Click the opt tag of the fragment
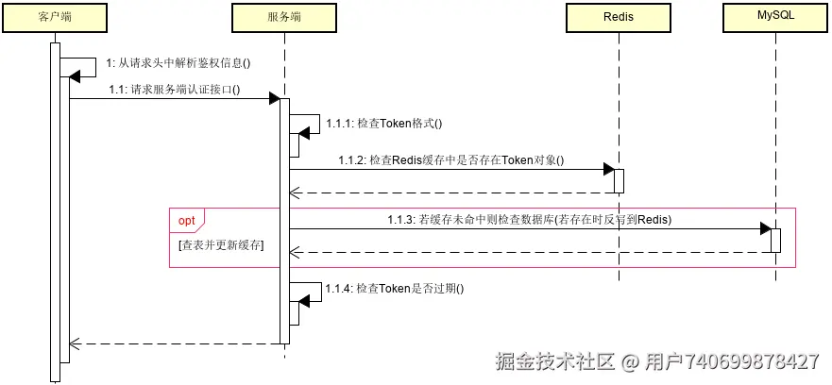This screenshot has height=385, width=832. click(188, 219)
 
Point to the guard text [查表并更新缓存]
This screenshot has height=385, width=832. click(221, 244)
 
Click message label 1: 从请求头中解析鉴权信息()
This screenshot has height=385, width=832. click(184, 63)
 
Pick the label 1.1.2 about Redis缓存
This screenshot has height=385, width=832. click(450, 159)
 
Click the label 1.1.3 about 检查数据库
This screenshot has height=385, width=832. click(529, 219)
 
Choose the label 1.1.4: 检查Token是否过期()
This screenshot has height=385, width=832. click(396, 289)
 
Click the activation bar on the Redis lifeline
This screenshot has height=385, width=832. click(619, 180)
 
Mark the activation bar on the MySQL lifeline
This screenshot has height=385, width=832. click(775, 240)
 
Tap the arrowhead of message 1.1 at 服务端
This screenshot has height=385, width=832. click(274, 99)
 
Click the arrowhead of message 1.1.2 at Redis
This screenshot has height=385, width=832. click(608, 170)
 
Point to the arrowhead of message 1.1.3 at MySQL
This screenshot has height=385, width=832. click(765, 229)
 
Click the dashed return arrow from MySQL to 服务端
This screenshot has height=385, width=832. click(529, 252)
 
